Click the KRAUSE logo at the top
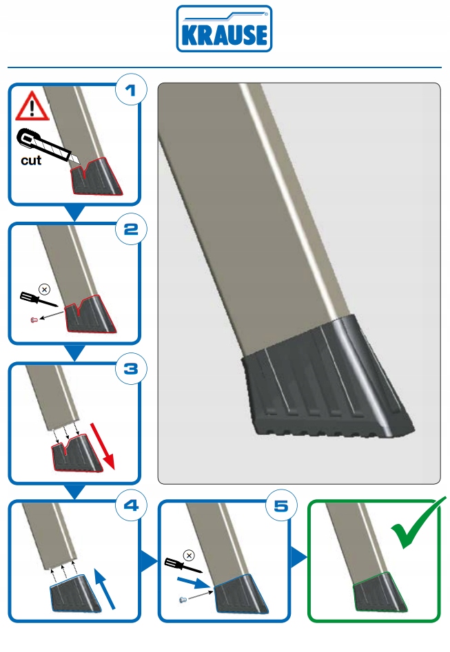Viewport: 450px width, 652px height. (224, 29)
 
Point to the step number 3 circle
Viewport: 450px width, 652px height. (131, 370)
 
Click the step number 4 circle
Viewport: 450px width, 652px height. (131, 507)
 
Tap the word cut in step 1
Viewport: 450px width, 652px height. (30, 161)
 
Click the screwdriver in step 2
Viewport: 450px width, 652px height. (38, 299)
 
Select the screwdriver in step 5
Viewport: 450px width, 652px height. (185, 565)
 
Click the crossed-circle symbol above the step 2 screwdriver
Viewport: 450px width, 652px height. (45, 288)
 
